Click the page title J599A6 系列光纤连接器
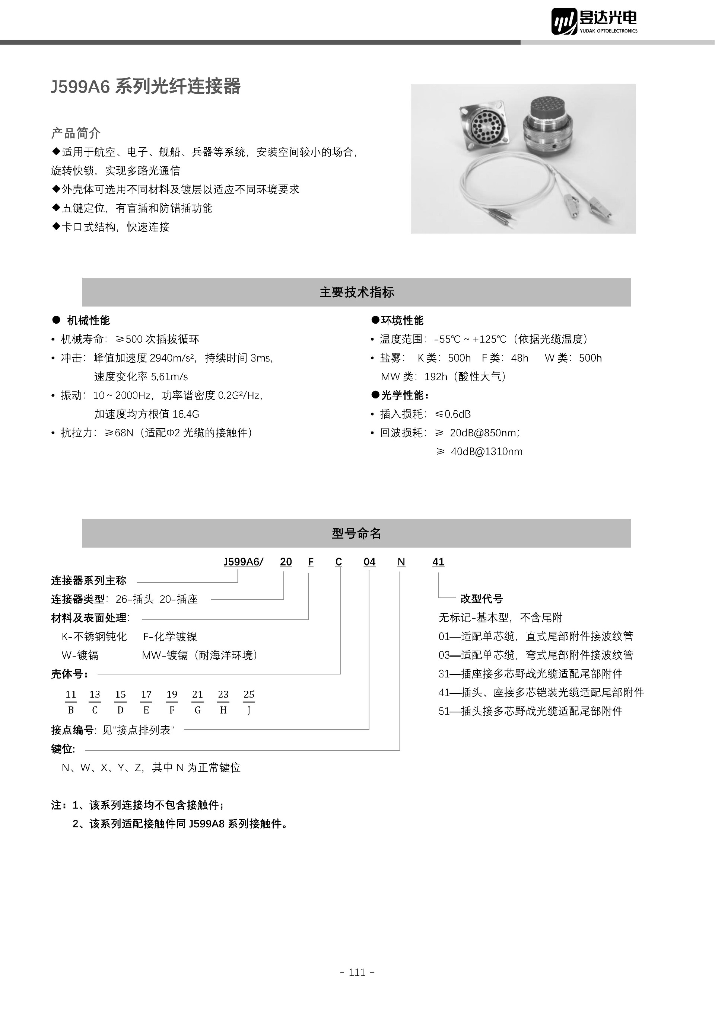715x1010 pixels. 146,86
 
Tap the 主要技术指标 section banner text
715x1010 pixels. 357,292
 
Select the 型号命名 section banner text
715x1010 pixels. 357,533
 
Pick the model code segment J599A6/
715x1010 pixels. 243,562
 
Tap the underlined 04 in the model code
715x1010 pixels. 369,562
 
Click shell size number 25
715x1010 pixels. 249,694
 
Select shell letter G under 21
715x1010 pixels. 197,710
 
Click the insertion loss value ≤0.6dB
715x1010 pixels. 452,414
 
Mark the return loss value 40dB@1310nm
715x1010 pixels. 486,451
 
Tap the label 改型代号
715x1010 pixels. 481,599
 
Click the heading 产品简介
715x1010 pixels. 76,133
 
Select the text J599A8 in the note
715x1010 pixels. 207,824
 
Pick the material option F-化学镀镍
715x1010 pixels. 170,637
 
